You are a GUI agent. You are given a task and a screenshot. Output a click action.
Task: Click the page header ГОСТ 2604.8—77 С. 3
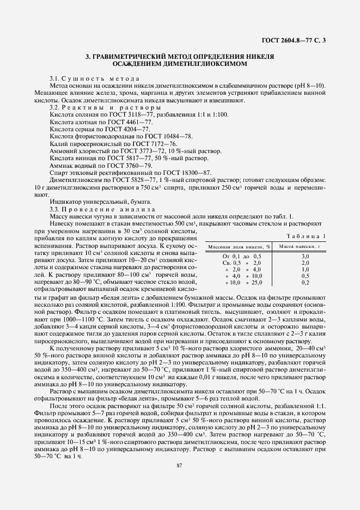[294, 40]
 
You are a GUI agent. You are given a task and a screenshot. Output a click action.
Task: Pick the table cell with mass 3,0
[305, 256]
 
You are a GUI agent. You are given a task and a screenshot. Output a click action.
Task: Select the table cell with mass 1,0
[305, 269]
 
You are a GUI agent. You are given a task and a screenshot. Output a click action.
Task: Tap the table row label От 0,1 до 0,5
[242, 256]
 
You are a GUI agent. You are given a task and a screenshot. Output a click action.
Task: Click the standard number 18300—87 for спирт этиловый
[176, 172]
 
